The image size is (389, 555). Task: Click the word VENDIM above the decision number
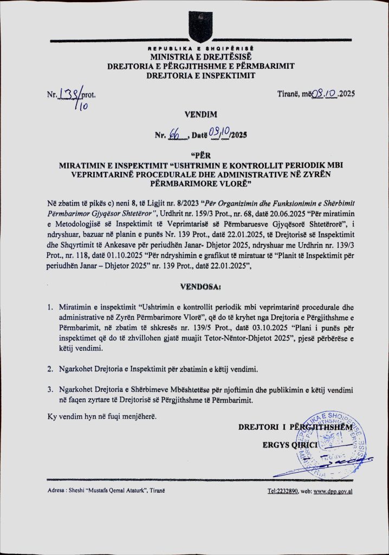point(200,115)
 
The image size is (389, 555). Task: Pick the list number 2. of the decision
point(50,370)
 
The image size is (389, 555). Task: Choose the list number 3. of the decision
point(50,390)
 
